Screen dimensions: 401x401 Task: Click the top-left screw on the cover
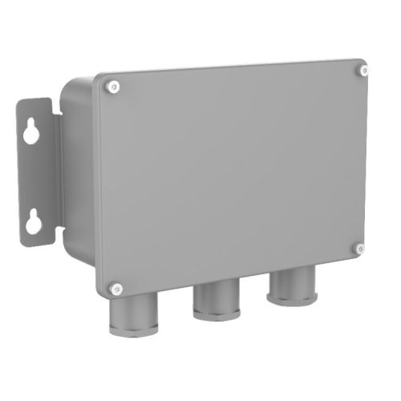pos(114,86)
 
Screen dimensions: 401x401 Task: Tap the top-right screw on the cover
pos(363,71)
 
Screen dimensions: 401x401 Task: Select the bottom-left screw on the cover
pos(115,286)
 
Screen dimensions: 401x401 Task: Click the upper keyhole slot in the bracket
pos(31,132)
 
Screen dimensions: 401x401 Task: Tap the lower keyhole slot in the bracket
pos(33,219)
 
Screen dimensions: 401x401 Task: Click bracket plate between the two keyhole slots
pos(33,176)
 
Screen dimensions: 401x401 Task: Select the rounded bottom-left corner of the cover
pos(102,292)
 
